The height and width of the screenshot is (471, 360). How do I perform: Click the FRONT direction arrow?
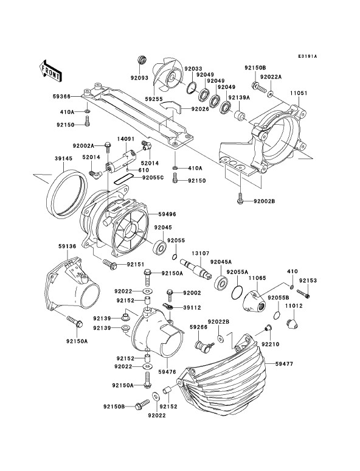pos(50,71)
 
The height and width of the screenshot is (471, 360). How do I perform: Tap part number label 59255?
pos(154,99)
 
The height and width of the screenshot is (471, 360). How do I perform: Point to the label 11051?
pos(299,93)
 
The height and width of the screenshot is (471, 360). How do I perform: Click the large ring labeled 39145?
pos(67,194)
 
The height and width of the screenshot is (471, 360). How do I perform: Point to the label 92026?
pos(200,109)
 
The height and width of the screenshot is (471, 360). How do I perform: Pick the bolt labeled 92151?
pos(110,263)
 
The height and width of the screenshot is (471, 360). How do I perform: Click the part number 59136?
pos(67,246)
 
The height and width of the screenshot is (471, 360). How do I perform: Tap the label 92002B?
pos(264,201)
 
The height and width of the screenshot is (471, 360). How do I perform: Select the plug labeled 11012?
pos(292,324)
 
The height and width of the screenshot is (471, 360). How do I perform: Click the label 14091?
pos(125,139)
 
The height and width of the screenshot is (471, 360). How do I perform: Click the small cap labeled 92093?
pos(142,60)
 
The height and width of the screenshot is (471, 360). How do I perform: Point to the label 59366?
pos(61,96)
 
